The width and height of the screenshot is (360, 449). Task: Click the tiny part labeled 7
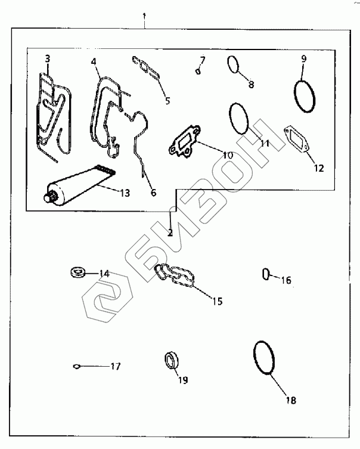197,72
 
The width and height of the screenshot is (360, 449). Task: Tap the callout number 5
167,100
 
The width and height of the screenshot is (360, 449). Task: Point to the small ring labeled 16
266,274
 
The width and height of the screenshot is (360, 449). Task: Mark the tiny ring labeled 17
76,366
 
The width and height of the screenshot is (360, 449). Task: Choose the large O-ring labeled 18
264,358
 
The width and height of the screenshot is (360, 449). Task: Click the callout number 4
94,61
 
